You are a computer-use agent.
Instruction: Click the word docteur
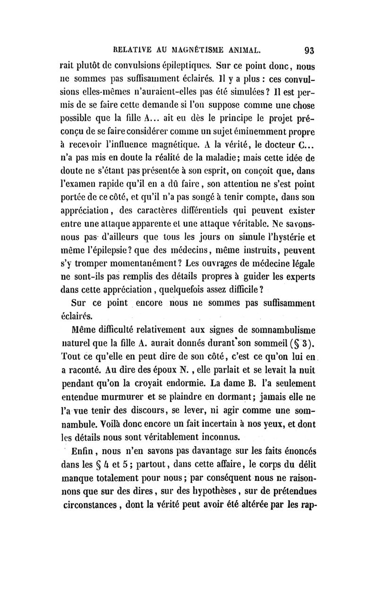coord(271,156)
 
